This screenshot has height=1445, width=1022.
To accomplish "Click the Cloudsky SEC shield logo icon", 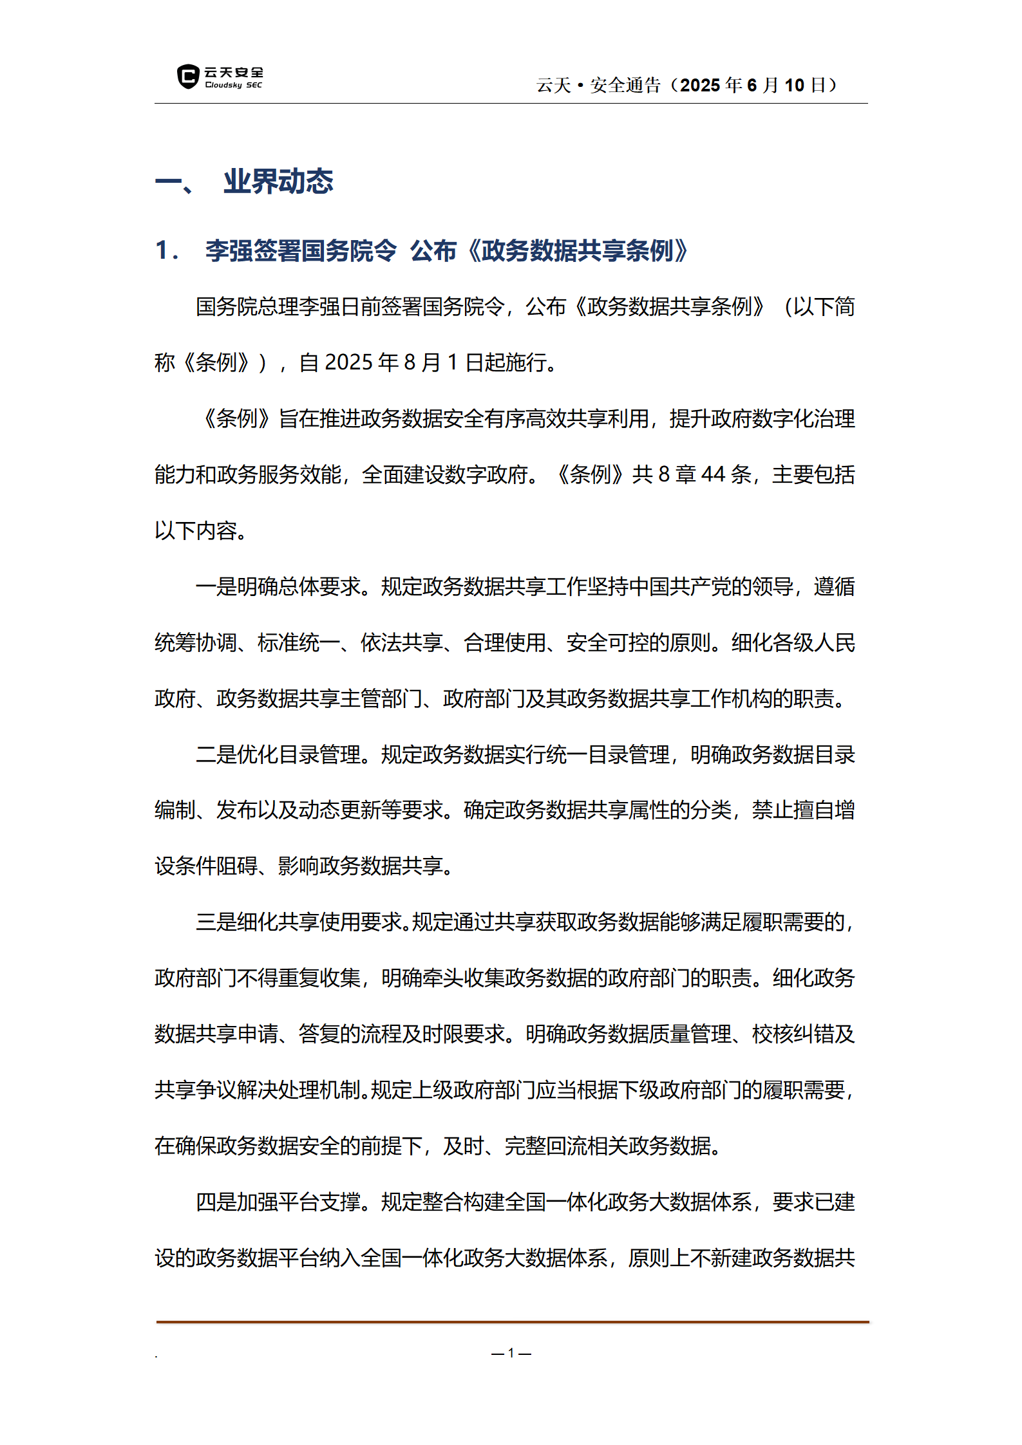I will pos(187,77).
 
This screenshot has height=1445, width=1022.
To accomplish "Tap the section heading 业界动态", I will pos(278,182).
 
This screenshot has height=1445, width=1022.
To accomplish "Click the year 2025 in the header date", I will pos(700,85).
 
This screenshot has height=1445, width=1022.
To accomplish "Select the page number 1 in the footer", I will pos(511,1353).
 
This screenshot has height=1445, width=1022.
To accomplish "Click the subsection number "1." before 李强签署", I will pos(166,250).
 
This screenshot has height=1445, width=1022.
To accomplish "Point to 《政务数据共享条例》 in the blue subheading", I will pos(577,250).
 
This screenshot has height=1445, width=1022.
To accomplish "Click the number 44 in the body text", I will pos(713,474).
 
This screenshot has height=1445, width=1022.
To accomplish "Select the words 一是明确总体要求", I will pos(278,586).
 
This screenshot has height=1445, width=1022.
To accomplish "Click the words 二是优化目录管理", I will pos(278,754).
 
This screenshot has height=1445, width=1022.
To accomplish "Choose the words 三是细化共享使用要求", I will pos(299,922).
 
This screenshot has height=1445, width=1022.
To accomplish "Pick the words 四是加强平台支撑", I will pos(278,1202).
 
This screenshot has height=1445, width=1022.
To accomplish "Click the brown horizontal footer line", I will pos(512,1322).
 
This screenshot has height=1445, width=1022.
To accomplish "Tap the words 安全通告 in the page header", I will pos(625,85).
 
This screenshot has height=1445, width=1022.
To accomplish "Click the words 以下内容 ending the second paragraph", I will pos(196,530).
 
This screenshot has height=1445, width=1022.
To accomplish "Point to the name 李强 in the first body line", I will pos(319,306).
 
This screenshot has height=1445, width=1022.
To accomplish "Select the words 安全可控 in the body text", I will pos(607,642).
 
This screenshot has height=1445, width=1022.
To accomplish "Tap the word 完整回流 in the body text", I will pos(545,1146).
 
